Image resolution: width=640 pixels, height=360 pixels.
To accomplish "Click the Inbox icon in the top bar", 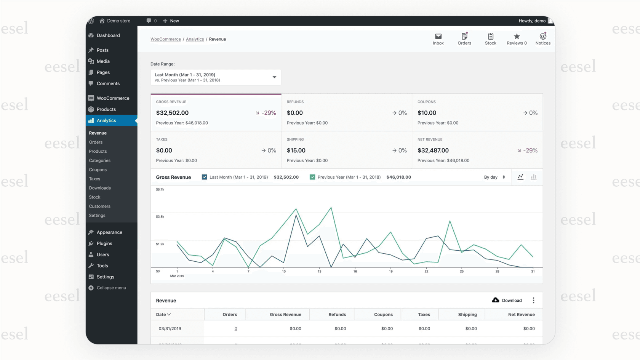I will [x=438, y=37].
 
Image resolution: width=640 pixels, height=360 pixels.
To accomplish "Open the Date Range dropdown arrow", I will [x=274, y=77].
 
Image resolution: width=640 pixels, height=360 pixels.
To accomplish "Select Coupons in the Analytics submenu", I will [x=98, y=170].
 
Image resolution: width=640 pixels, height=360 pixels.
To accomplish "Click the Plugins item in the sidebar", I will [x=104, y=243].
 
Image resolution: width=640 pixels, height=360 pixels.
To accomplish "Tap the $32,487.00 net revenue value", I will [x=433, y=150].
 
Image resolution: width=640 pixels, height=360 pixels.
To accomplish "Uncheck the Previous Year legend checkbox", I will [x=312, y=177].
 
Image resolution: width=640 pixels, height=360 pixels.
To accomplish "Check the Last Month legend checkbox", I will [x=205, y=177].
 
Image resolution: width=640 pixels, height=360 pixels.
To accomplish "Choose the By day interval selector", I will [x=494, y=177].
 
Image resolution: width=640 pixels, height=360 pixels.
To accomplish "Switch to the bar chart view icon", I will [x=533, y=177].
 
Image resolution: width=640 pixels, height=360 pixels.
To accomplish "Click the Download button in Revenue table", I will [x=507, y=300].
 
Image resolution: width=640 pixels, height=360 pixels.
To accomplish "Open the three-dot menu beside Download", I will [x=533, y=300].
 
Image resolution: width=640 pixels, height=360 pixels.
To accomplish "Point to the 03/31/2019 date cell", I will [x=170, y=328].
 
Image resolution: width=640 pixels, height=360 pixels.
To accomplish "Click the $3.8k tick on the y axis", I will [x=160, y=216].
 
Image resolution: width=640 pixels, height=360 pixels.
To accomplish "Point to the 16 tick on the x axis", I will [x=355, y=271].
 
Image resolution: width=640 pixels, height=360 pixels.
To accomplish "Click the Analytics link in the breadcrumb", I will [x=195, y=39].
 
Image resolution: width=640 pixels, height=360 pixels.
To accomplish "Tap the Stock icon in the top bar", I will [x=490, y=37].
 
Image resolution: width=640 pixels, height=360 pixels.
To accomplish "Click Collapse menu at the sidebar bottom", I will [x=111, y=288].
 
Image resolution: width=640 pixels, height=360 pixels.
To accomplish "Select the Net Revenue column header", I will [x=521, y=314].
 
